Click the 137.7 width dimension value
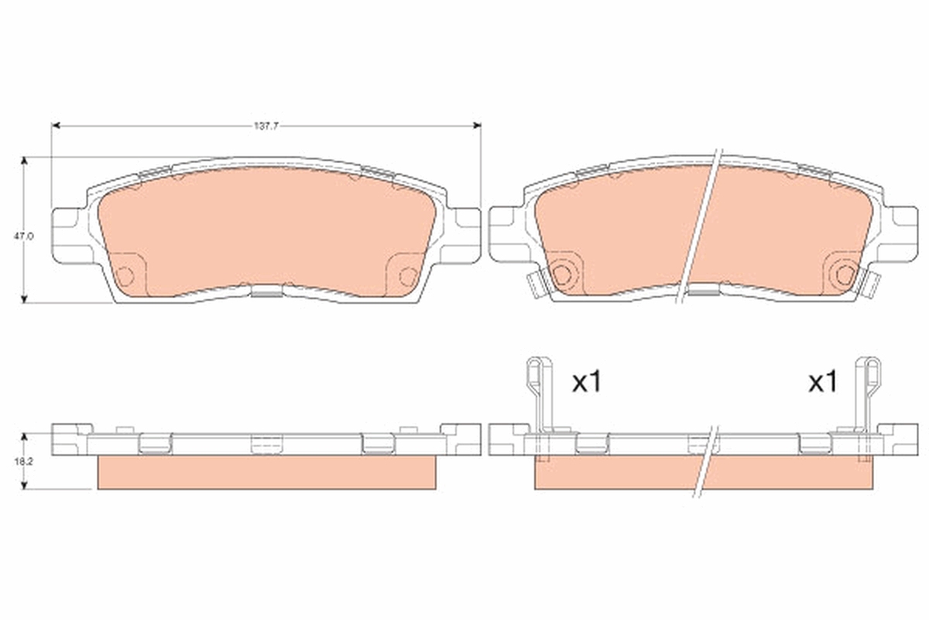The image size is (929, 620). (266, 126)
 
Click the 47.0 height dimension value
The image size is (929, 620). (24, 236)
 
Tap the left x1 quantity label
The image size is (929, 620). (587, 382)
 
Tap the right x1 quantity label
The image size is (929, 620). (823, 382)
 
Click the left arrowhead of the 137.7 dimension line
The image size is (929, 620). (56, 126)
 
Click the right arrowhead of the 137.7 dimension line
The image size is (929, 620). (477, 126)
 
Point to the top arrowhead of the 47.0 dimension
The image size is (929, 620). (24, 161)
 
